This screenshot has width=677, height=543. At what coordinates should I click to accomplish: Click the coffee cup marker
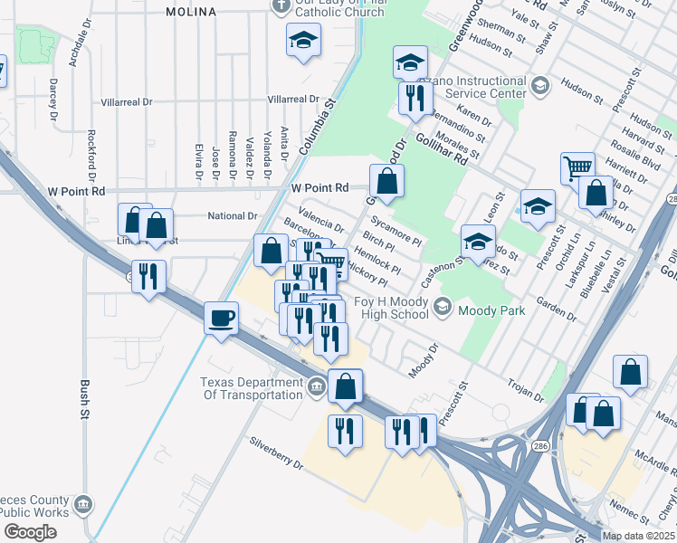[x=221, y=319]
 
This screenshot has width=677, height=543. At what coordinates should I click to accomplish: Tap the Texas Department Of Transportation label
[x=252, y=387]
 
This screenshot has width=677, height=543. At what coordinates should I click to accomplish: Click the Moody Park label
[x=489, y=310]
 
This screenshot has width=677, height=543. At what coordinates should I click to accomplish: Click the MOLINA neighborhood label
[x=191, y=12]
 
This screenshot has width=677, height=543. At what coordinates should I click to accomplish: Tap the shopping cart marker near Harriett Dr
[x=577, y=168]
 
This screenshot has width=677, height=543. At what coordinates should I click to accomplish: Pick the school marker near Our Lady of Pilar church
[x=303, y=40]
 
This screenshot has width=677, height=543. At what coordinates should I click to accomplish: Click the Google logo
[x=29, y=532]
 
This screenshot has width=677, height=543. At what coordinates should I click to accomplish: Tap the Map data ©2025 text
[x=637, y=536]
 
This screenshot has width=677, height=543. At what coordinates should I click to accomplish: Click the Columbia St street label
[x=317, y=128]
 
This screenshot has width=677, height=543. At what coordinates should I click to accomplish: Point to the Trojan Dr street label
[x=525, y=390]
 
